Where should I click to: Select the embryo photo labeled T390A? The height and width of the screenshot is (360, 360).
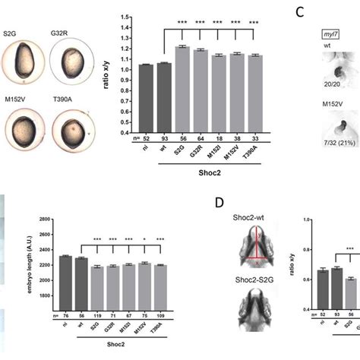click(x=72, y=130)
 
